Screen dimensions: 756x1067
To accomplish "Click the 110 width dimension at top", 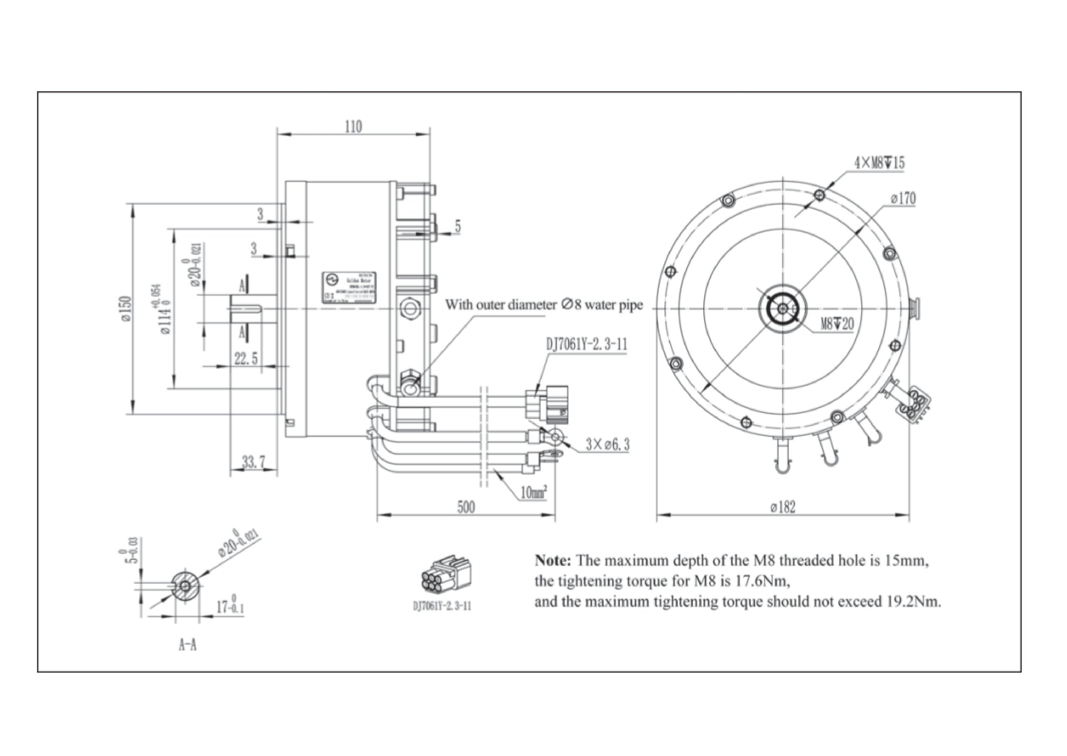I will point(353,127).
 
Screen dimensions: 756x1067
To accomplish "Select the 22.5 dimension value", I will point(246,359).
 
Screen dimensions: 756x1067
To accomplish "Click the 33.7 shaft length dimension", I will point(253,462).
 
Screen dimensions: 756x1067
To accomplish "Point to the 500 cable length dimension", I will point(466,507).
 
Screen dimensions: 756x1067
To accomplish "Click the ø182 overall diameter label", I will point(782,507).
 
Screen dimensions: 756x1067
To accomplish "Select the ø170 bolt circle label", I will point(903,199).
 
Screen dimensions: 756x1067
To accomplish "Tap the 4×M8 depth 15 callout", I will point(879,163).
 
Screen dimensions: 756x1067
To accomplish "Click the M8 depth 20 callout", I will point(837,324).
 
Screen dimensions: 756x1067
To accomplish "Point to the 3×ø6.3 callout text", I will point(607,444).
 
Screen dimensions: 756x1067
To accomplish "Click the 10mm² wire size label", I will point(533,492).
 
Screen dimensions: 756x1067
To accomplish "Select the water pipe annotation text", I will point(543,304).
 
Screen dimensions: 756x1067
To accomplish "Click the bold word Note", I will point(553,561).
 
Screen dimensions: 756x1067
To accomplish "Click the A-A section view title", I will point(188,645).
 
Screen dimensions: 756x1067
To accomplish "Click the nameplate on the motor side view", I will point(348,287).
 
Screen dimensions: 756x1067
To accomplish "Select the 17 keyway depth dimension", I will point(229,607).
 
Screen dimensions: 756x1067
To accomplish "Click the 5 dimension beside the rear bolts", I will point(457,226).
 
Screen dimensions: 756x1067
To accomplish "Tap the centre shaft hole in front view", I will point(782,309).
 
